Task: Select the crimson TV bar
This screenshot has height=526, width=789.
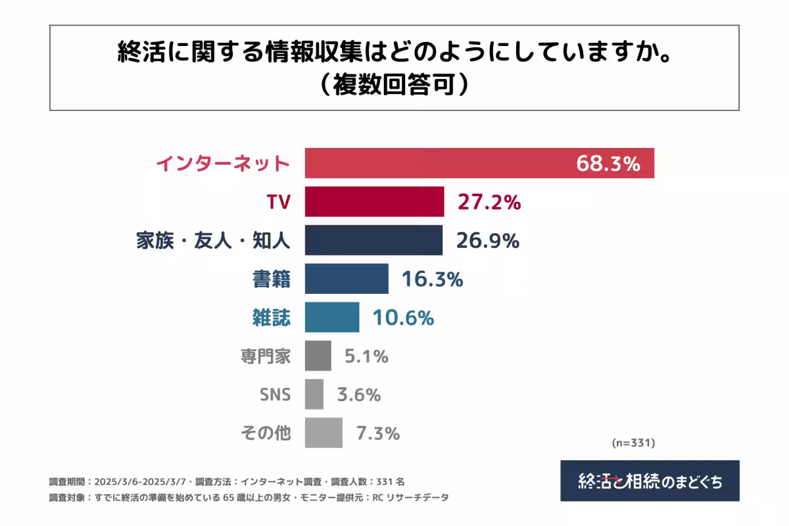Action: [374, 202]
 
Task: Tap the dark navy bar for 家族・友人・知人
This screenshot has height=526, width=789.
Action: [373, 240]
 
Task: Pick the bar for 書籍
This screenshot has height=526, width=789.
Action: [347, 279]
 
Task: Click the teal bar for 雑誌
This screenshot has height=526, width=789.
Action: [332, 318]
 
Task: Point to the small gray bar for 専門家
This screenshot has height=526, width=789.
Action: [318, 356]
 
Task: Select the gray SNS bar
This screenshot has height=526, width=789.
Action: [314, 394]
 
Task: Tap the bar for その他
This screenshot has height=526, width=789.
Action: [323, 433]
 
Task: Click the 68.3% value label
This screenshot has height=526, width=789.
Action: [608, 164]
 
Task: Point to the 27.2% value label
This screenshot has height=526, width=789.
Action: [489, 203]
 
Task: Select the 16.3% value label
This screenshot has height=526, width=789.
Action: [432, 279]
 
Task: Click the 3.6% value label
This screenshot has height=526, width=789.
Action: [358, 395]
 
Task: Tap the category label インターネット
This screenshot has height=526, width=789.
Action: [223, 164]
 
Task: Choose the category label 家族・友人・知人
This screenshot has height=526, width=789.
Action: [213, 241]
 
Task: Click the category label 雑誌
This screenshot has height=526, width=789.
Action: [272, 318]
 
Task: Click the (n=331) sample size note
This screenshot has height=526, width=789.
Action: [633, 443]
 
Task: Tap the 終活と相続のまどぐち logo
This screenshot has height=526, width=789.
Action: [650, 481]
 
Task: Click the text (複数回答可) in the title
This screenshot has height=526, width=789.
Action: [394, 85]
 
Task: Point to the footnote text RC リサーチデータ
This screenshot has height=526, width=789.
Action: [410, 498]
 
